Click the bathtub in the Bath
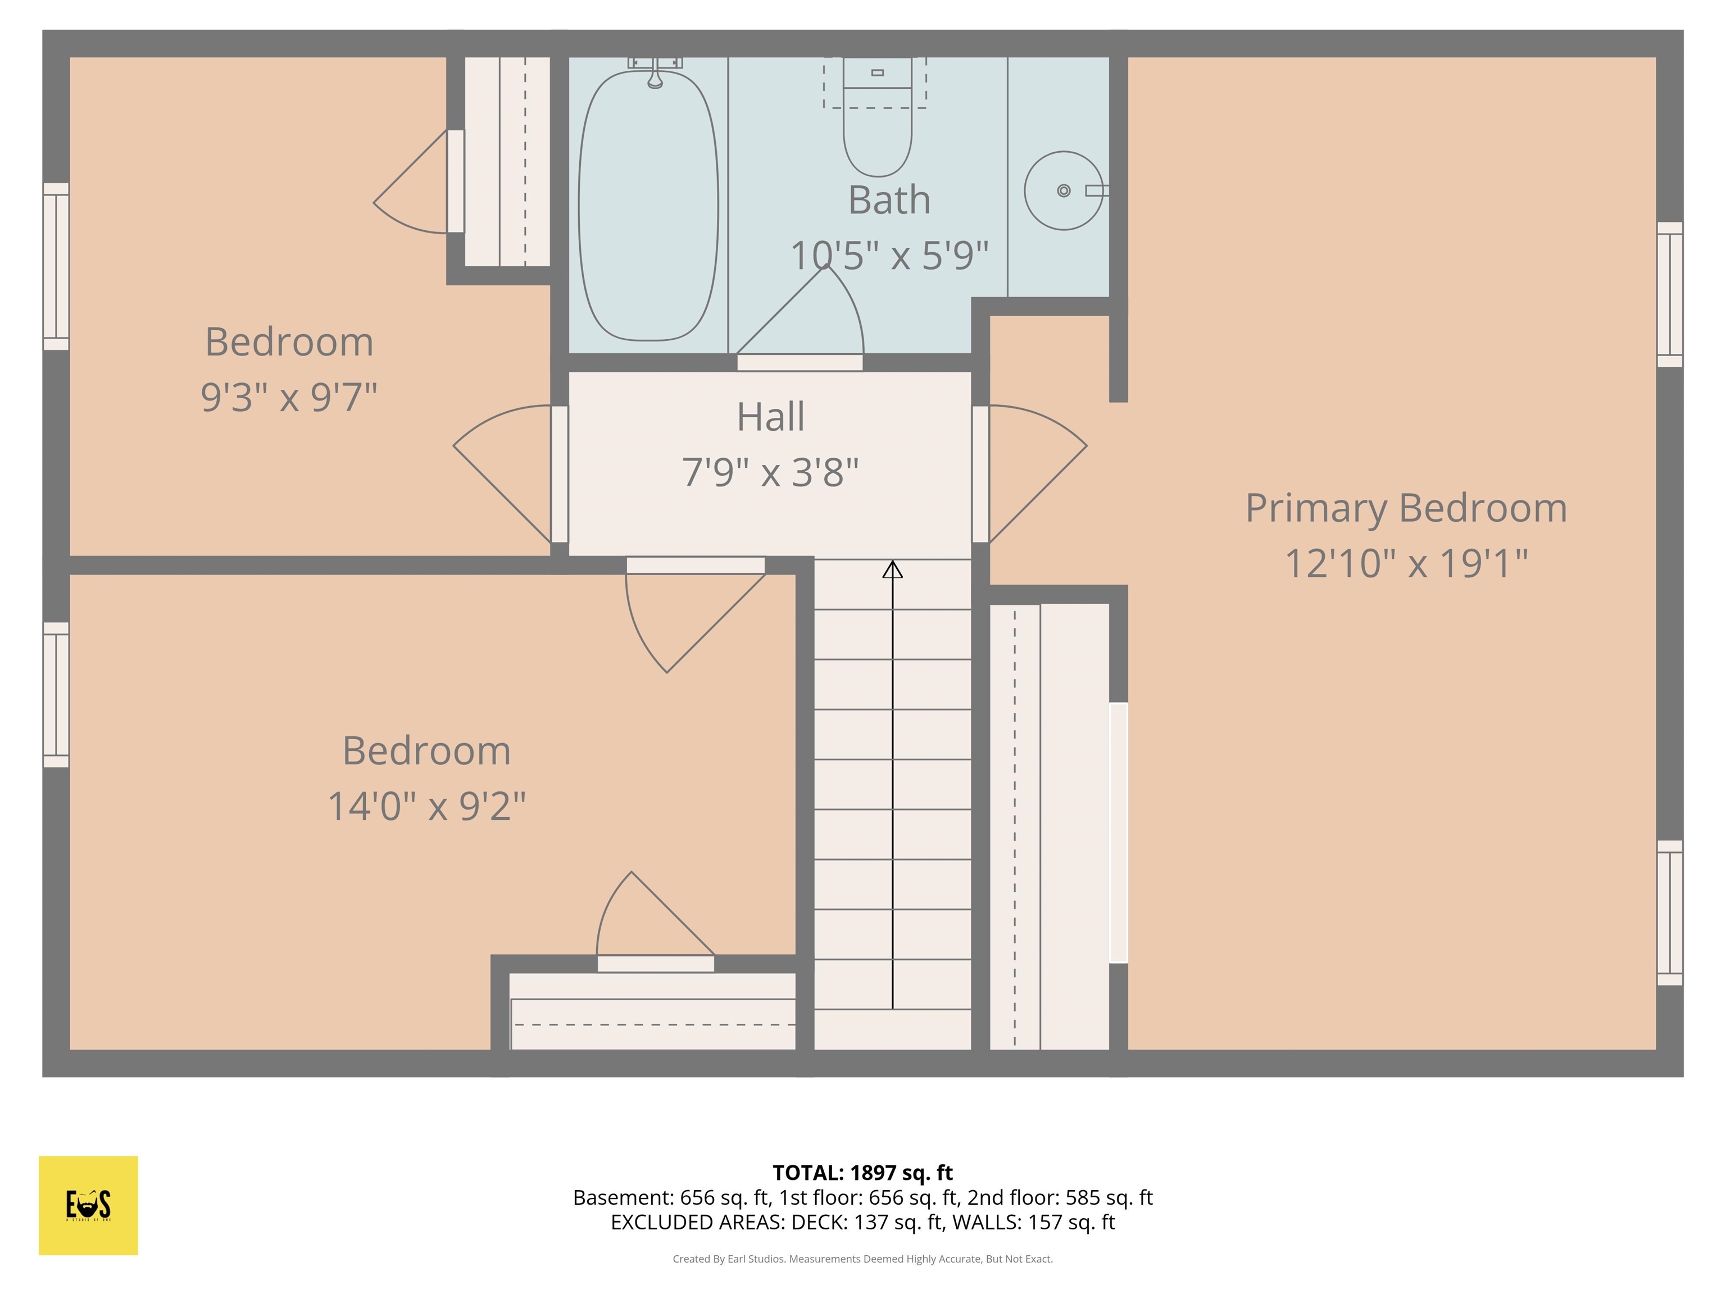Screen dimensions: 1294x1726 [x=648, y=207]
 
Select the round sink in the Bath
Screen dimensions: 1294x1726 [x=1063, y=190]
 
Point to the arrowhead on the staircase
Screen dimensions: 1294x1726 [x=893, y=569]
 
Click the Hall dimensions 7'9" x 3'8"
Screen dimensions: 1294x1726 [x=770, y=472]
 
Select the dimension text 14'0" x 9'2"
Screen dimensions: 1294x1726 [x=427, y=806]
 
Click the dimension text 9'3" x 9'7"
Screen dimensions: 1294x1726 [x=289, y=397]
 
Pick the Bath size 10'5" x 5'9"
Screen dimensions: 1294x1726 [x=889, y=255]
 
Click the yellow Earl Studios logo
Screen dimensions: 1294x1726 [x=88, y=1205]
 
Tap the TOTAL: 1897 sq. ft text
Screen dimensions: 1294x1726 [x=862, y=1172]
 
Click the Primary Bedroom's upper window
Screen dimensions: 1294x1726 [x=1669, y=294]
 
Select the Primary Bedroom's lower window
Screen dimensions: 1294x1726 [x=1669, y=913]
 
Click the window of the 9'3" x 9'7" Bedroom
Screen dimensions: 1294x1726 [x=56, y=266]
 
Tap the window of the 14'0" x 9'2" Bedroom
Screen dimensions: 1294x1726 [x=56, y=694]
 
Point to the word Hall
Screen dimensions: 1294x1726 [x=770, y=417]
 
